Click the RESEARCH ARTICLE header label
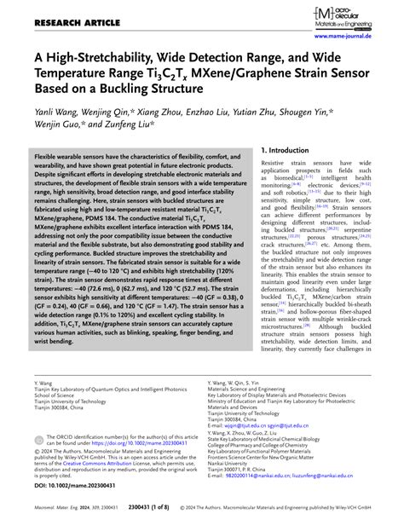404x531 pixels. pos(50,10)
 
